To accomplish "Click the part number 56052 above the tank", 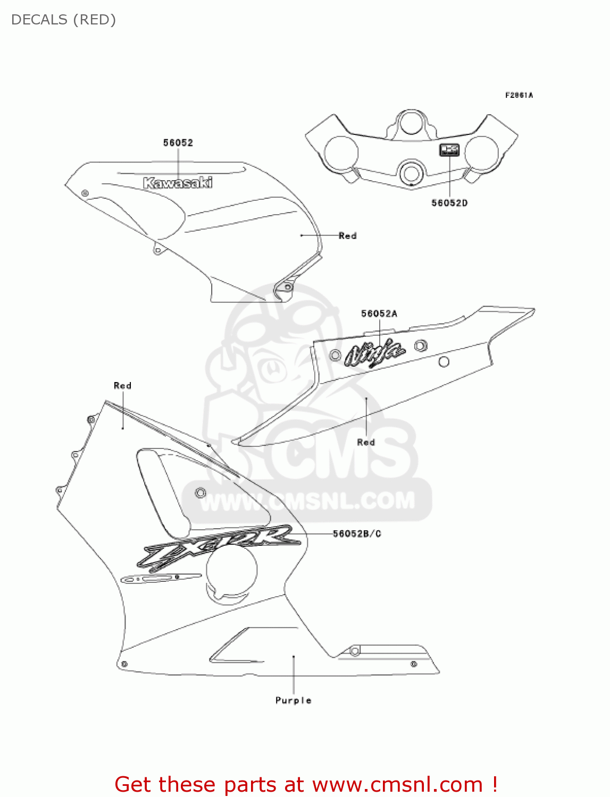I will [x=178, y=143].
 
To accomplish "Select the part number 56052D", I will [x=449, y=203].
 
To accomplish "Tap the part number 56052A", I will [x=379, y=313].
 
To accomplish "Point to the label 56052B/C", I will [x=357, y=533].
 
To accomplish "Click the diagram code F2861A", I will [x=519, y=95].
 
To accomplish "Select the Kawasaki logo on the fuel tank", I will [x=178, y=183].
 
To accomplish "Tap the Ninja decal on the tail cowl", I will [x=374, y=353].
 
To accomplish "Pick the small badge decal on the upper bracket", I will [x=449, y=150].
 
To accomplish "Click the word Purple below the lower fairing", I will [x=293, y=700].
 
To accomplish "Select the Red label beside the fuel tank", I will [x=347, y=235].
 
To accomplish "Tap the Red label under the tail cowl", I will [x=366, y=442].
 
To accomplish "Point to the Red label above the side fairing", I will [x=122, y=386].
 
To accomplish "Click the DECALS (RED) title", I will [x=63, y=20].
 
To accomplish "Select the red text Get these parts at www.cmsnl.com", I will [x=306, y=784].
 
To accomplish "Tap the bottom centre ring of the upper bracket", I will [x=411, y=173].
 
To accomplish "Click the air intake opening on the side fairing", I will [x=165, y=489].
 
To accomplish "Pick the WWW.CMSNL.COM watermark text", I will [x=307, y=501].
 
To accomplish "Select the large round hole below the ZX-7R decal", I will [x=231, y=570].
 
